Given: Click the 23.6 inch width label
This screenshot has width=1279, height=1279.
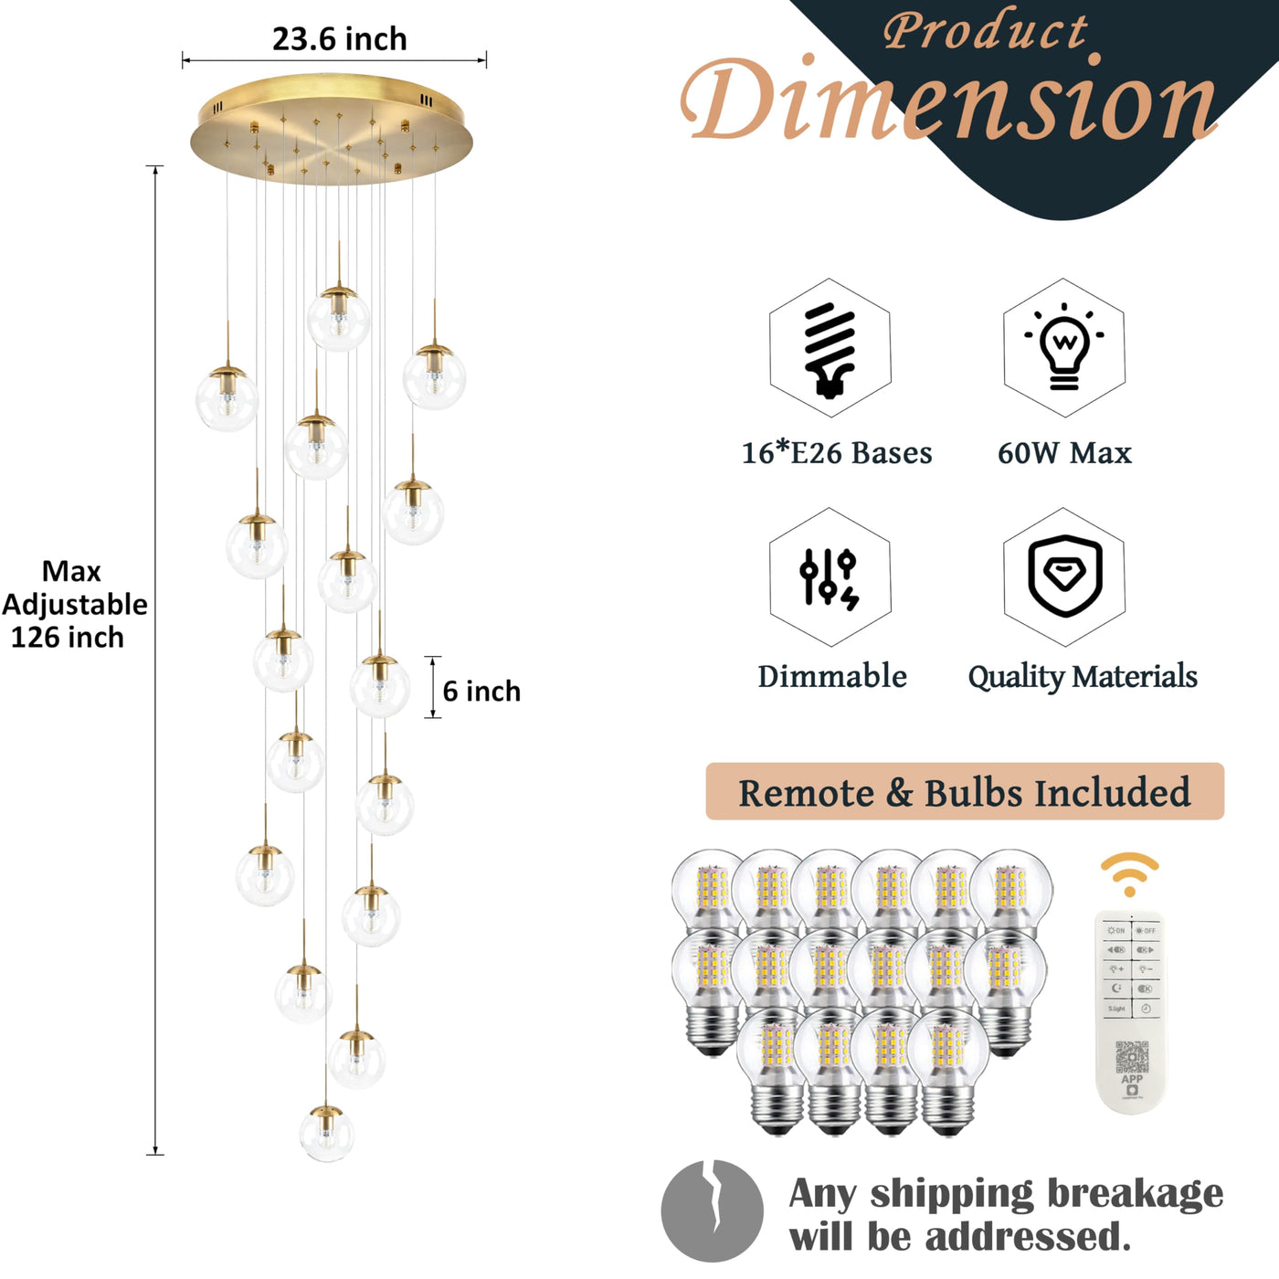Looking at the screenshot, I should [x=339, y=39].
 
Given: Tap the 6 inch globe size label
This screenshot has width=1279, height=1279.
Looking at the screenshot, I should [x=481, y=691].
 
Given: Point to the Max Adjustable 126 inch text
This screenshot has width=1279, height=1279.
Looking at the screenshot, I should [x=73, y=604].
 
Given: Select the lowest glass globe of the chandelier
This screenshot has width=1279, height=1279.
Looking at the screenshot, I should [x=326, y=1133].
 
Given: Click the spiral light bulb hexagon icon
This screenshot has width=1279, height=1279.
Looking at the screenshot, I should [x=830, y=348].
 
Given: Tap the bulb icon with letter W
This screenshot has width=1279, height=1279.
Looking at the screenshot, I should [x=1063, y=348].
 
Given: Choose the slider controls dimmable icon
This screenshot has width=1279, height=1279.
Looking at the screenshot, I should [x=830, y=577].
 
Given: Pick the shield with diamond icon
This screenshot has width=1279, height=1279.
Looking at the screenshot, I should [x=1063, y=577].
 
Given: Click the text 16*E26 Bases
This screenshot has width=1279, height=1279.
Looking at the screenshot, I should [x=837, y=452].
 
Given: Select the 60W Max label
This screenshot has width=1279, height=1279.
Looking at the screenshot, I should [x=1064, y=452].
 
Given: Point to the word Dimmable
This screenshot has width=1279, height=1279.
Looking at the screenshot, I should [x=832, y=676].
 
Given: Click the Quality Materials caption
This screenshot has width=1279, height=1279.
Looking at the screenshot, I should [x=1083, y=676].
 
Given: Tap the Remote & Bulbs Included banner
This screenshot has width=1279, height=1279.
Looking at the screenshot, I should [x=965, y=792].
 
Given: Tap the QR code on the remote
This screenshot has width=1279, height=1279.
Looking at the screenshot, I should [x=1132, y=1057].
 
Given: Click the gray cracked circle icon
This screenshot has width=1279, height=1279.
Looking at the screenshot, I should [x=713, y=1210].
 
